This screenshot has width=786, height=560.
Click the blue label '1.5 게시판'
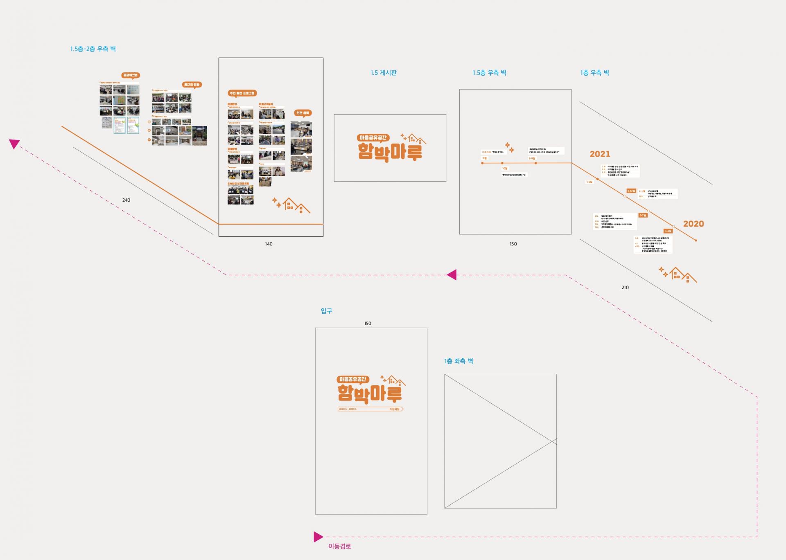pos(383,73)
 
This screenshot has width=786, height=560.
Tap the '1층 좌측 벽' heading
pos(458,361)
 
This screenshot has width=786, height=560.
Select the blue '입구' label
pos(326,311)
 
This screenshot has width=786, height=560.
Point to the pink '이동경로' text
pos(339,546)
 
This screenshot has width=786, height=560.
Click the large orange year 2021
pos(600,154)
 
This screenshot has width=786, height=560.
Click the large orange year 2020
pos(693,224)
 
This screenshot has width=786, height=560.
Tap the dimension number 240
pos(126,200)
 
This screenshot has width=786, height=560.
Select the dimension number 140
pos(269,244)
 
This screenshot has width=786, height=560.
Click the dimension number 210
pos(625,288)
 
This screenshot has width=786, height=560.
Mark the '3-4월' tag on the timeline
pos(668,231)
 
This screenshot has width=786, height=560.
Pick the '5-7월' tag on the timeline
pos(643,215)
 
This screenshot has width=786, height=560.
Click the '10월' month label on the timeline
pos(505,169)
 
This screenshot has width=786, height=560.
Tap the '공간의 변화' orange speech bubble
pos(192,85)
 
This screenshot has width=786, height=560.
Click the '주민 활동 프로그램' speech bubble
pos(242,93)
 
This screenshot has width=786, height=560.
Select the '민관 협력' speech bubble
pos(303,113)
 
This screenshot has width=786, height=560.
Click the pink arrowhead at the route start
pos(318,537)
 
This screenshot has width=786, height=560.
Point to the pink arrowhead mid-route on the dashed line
pos(452,275)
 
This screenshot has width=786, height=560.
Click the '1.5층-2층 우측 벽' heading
pos(93,49)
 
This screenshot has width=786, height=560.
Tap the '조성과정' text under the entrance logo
pos(394,409)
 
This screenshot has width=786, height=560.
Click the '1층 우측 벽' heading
pos(594,73)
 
